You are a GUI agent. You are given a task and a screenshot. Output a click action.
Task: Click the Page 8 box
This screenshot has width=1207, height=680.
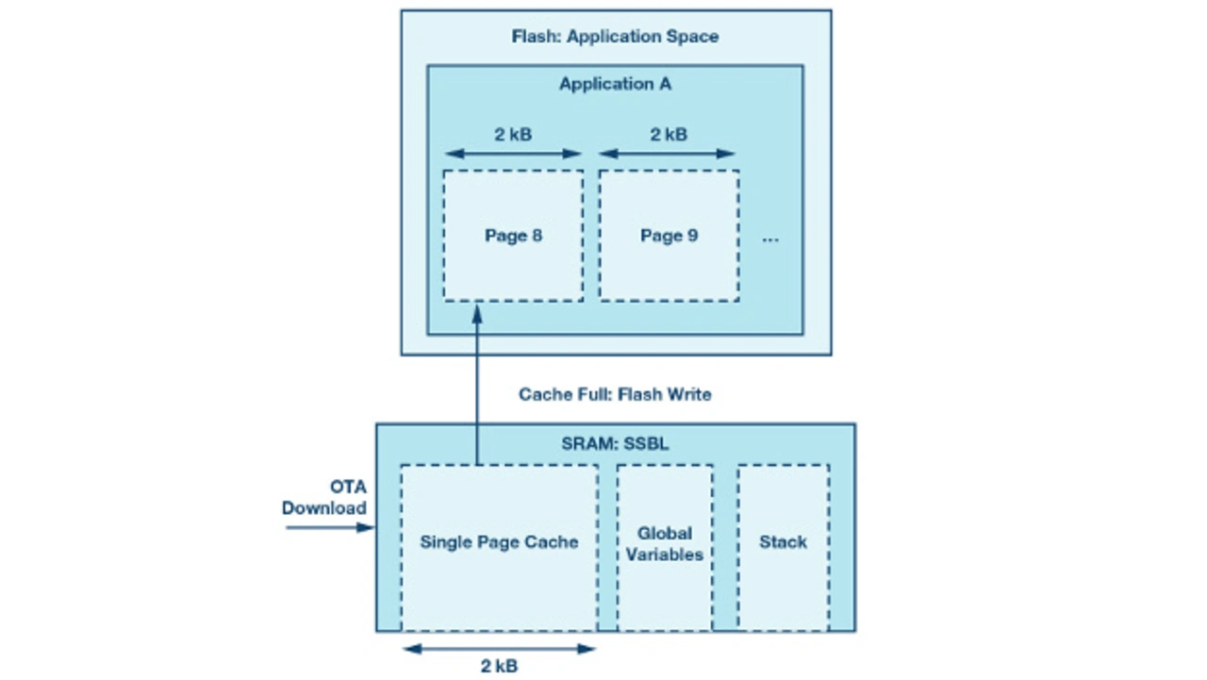[x=513, y=236]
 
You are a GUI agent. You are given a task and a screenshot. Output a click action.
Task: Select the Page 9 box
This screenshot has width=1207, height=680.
[x=669, y=236]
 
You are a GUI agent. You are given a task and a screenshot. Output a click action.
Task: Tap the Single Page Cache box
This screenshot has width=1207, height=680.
[x=499, y=547]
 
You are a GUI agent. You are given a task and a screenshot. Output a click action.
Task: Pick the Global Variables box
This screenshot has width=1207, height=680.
[x=664, y=547]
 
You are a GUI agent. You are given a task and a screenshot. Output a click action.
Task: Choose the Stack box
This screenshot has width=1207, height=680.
[x=783, y=547]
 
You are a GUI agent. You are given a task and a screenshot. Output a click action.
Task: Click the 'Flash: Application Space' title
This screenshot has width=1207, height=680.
[x=615, y=37]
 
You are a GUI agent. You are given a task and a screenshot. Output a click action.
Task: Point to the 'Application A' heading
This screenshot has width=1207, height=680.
[x=615, y=84]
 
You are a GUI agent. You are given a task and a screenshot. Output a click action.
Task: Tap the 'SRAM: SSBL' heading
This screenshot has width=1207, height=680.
[x=615, y=443]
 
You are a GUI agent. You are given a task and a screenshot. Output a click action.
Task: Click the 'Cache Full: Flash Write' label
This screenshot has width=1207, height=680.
[x=615, y=394]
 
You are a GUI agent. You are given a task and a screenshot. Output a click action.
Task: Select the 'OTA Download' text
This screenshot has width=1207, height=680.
[x=325, y=498]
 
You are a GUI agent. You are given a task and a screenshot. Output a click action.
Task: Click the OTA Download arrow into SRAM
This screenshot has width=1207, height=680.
[x=330, y=527]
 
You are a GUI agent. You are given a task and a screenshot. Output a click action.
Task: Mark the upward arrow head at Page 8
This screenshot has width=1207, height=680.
[x=476, y=310]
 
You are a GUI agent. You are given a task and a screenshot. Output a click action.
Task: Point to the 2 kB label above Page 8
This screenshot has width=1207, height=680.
[x=513, y=134]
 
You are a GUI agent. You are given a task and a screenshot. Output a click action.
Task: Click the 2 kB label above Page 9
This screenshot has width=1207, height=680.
[x=669, y=134]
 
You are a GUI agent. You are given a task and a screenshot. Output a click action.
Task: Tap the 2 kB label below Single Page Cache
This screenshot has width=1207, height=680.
[x=499, y=666]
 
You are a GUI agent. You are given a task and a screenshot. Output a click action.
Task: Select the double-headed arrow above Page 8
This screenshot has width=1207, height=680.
[x=513, y=154]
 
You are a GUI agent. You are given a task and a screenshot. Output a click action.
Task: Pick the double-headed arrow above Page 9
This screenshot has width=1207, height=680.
[x=667, y=154]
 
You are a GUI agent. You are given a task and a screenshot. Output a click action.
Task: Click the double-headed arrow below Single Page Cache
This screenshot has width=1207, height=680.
[x=499, y=648]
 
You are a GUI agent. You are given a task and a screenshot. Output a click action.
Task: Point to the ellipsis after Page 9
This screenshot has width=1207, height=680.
[x=770, y=240]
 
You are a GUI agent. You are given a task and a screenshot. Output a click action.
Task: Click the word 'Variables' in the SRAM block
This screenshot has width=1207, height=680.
[x=664, y=555]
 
